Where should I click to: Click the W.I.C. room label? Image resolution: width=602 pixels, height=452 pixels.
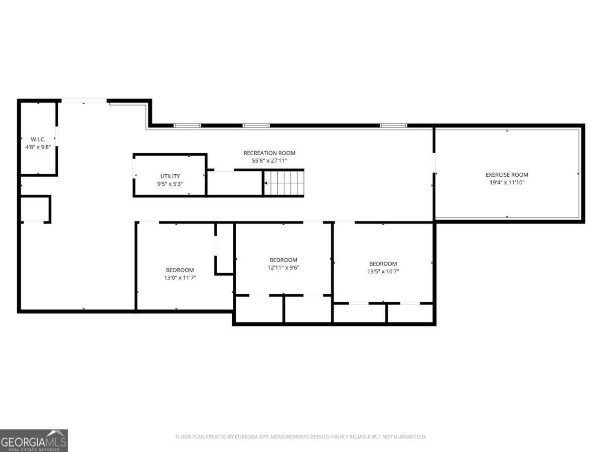(x=38, y=139)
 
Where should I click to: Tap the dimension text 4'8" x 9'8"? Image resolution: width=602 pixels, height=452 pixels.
(x=38, y=147)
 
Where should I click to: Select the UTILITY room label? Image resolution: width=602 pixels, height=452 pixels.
(x=170, y=176)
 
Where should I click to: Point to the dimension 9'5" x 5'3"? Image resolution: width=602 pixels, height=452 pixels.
(x=170, y=184)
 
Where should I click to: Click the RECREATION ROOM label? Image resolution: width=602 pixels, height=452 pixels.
(x=269, y=153)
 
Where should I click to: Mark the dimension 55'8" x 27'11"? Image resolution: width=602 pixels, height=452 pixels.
(x=269, y=161)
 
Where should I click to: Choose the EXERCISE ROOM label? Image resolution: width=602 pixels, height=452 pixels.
(x=507, y=175)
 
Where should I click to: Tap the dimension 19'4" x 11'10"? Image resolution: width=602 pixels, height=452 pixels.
(x=507, y=182)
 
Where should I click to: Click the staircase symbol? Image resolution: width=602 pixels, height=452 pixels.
(x=284, y=183)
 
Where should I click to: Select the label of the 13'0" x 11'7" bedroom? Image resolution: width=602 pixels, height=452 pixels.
(x=180, y=270)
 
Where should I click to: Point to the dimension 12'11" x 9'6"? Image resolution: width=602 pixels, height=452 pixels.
(x=283, y=268)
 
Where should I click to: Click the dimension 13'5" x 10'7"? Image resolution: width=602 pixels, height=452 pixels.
(x=383, y=272)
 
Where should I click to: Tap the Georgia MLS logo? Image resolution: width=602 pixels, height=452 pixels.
(x=34, y=440)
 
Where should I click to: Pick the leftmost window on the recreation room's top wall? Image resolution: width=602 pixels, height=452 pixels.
(x=187, y=125)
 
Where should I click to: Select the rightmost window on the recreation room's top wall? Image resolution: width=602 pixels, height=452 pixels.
(x=393, y=125)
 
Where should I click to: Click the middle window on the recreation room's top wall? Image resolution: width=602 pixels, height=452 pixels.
(x=256, y=125)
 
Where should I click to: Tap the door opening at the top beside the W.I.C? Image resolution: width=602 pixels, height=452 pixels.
(x=84, y=101)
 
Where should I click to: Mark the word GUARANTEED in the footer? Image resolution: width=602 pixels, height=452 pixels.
(x=409, y=437)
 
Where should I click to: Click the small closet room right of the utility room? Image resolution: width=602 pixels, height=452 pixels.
(x=235, y=183)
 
